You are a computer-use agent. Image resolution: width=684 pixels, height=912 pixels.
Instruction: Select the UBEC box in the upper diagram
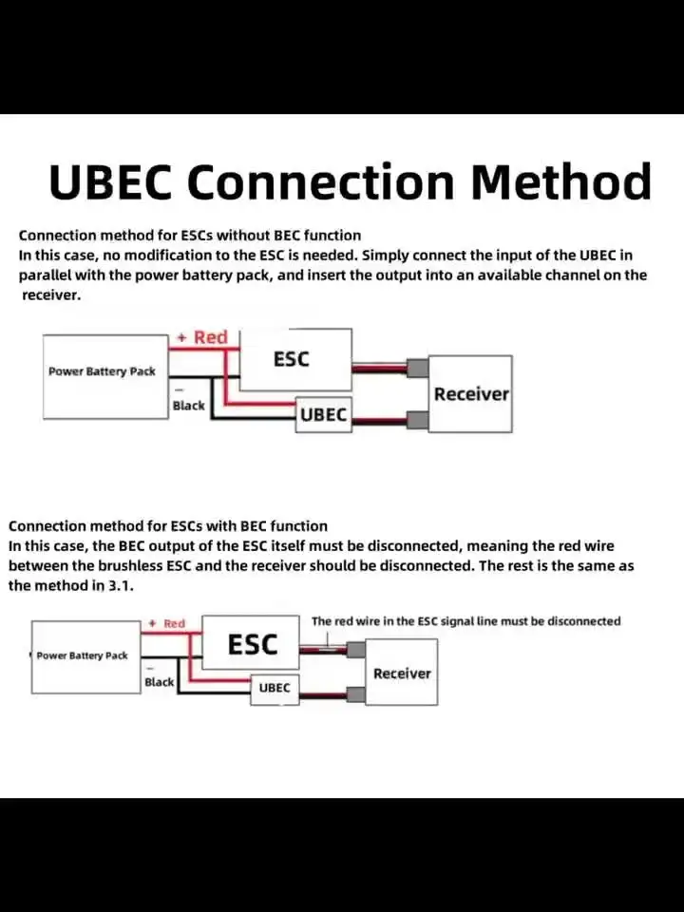323,415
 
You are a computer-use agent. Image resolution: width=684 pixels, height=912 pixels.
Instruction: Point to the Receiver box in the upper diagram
471,393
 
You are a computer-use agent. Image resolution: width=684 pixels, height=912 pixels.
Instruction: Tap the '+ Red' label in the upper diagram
202,337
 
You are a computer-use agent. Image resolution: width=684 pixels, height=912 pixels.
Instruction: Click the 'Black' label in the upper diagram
188,406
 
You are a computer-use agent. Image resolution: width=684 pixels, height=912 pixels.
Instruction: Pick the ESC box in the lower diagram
253,645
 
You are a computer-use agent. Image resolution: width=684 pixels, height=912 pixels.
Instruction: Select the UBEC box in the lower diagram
275,688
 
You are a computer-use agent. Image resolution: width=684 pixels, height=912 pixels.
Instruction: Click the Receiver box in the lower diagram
402,673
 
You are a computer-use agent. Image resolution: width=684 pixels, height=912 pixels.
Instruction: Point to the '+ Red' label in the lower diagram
168,623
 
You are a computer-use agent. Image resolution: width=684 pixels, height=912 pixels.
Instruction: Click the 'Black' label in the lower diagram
160,682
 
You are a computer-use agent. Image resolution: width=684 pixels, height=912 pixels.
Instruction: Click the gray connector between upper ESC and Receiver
416,369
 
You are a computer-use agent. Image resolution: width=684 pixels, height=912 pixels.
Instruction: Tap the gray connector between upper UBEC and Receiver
416,418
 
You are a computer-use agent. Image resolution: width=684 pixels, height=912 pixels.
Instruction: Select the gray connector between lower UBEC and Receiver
356,694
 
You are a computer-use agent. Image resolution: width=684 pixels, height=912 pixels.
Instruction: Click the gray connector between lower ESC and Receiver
356,651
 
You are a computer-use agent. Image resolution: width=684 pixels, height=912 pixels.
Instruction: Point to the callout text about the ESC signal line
465,621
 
